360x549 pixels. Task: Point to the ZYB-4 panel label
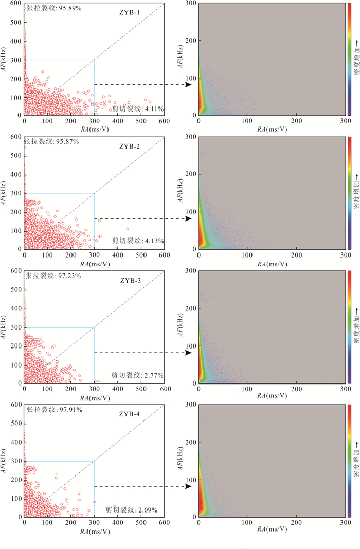pyautogui.click(x=130, y=414)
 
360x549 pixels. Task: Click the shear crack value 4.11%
pyautogui.click(x=138, y=108)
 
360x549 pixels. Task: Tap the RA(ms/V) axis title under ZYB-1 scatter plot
pyautogui.click(x=94, y=130)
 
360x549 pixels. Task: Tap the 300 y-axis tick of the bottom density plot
pyautogui.click(x=190, y=405)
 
